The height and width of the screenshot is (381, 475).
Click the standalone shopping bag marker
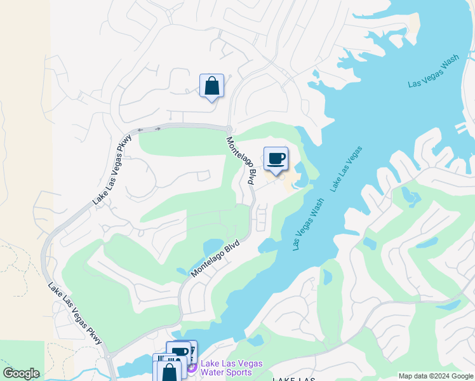point(211,86)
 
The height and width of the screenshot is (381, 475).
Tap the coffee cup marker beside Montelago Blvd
point(276,159)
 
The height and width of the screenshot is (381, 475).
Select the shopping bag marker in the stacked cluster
point(170,371)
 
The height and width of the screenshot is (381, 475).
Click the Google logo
point(21,373)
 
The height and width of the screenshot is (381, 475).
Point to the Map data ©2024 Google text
point(436,376)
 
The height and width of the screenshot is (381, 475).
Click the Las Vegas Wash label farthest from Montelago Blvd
point(434,72)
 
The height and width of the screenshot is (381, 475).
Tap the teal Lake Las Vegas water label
point(346,170)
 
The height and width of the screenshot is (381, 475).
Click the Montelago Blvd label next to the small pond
point(217,257)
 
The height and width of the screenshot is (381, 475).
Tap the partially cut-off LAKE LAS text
point(294,378)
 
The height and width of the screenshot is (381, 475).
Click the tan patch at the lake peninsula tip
point(415,24)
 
